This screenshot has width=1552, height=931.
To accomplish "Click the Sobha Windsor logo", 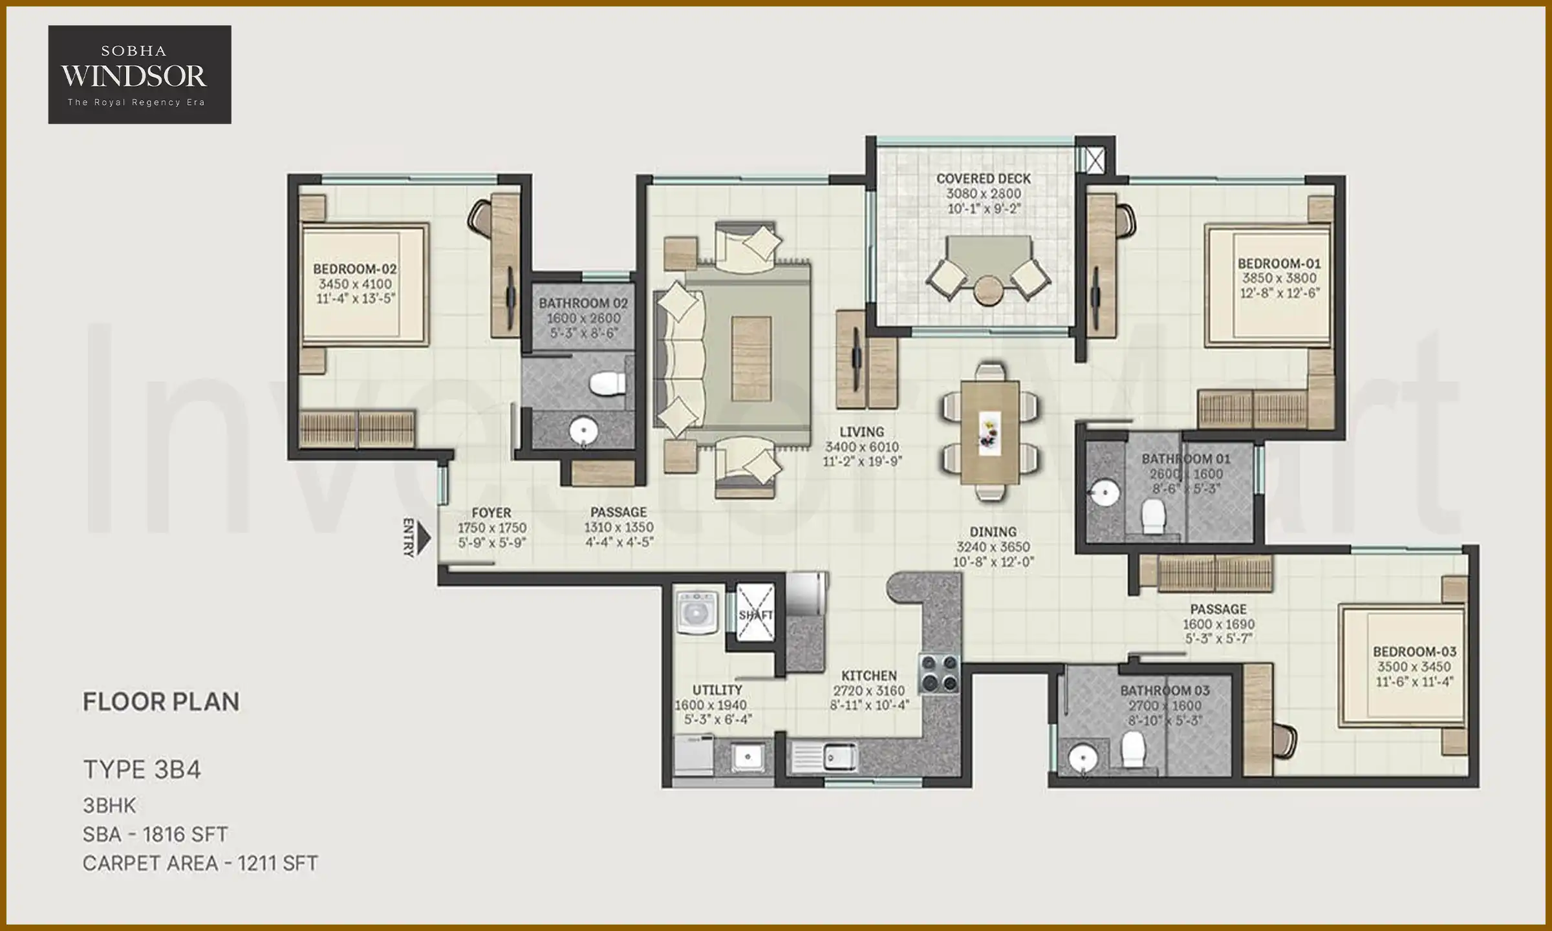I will pos(139,74).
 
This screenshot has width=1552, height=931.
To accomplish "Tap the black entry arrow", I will pos(424,538).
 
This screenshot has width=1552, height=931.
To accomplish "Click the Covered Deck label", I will pos(983,178).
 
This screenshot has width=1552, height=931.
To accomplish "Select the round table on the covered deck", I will pos(987,290).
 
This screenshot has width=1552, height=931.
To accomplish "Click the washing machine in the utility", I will pos(696,611).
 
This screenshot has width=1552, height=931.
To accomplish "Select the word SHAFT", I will pos(755,615).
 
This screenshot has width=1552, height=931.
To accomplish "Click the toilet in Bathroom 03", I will pos(1133,750).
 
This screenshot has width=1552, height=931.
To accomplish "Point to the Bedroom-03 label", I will pos(1414,651).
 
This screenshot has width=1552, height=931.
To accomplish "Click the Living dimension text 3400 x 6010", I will pos(861,447).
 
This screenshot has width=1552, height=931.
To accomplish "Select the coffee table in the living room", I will pos(751,359).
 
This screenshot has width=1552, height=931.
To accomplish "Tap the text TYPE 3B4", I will pos(142,769).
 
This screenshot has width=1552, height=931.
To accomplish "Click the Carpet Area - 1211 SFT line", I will pos(200,863).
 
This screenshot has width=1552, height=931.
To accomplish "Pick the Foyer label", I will pos(491,513).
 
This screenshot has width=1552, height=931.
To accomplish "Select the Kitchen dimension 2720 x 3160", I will pos(868,690).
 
